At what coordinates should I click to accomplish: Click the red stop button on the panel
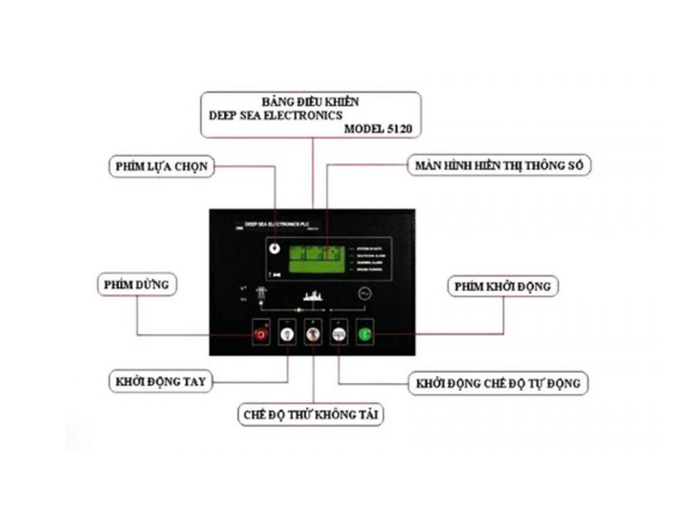261,336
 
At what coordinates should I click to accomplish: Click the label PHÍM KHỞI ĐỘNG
504,287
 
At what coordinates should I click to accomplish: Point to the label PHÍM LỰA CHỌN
161,165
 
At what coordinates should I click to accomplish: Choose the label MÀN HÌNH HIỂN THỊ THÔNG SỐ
497,165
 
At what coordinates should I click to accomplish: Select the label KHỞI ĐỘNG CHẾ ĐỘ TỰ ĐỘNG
499,383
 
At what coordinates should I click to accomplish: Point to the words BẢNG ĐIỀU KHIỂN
310,101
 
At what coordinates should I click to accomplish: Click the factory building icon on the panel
312,296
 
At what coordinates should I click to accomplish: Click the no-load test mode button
314,336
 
